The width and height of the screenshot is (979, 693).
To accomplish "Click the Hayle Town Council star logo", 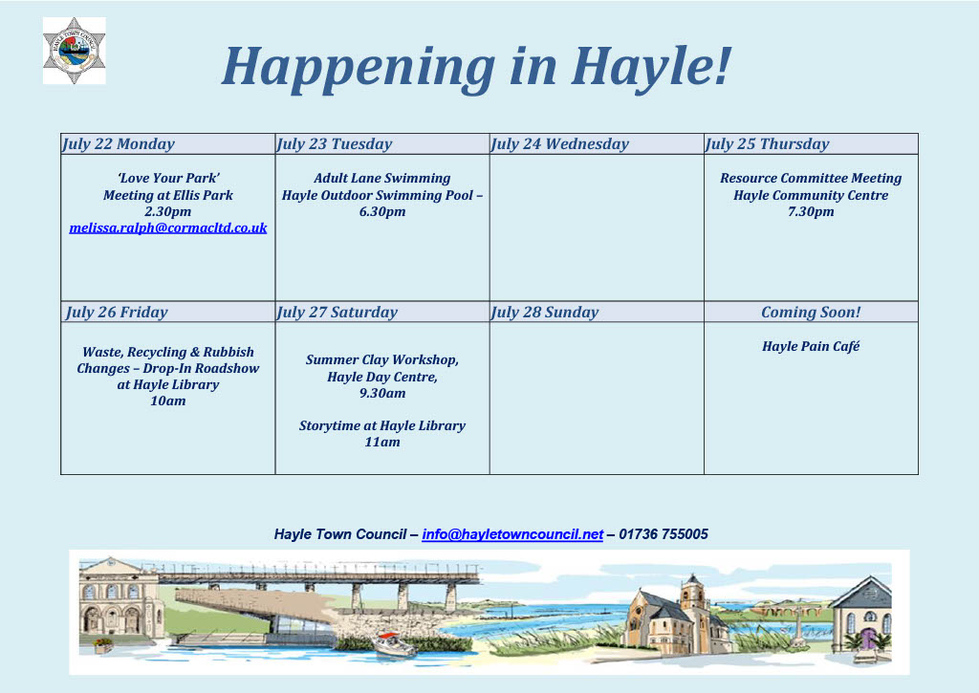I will pyautogui.click(x=74, y=50).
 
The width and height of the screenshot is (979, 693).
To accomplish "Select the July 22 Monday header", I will pyautogui.click(x=119, y=144).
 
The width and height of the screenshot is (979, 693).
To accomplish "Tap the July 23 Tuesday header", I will pyautogui.click(x=335, y=144).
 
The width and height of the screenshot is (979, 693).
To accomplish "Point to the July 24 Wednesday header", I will pyautogui.click(x=560, y=144).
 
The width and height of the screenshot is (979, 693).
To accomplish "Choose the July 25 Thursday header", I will pyautogui.click(x=768, y=144).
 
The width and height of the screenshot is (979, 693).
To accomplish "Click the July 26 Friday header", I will pyautogui.click(x=117, y=313).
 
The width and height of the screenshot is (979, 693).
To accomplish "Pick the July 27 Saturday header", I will pyautogui.click(x=337, y=313).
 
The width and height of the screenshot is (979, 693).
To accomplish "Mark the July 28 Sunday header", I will pyautogui.click(x=545, y=313).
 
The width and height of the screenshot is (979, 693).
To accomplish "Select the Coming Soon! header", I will pyautogui.click(x=811, y=313).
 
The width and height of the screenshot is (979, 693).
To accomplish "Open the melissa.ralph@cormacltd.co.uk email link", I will pyautogui.click(x=168, y=228).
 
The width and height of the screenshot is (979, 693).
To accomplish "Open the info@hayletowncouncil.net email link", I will pyautogui.click(x=512, y=534).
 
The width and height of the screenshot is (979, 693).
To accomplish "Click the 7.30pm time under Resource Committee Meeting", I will pyautogui.click(x=811, y=212).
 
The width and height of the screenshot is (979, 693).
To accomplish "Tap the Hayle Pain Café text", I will pyautogui.click(x=811, y=346).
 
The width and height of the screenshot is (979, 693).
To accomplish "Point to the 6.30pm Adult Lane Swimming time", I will pyautogui.click(x=382, y=212).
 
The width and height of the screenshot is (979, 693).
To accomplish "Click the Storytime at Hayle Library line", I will pyautogui.click(x=382, y=425).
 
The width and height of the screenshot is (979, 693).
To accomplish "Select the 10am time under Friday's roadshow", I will pyautogui.click(x=168, y=401).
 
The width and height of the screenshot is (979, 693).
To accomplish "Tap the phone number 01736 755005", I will pyautogui.click(x=664, y=534).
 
